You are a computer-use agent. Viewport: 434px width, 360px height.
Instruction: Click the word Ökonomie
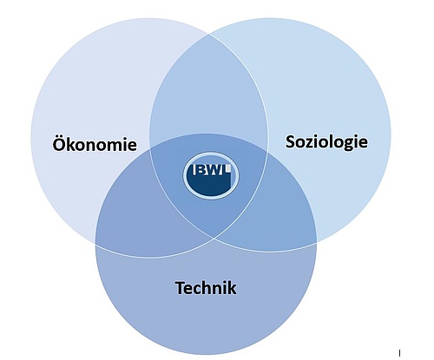click(95, 143)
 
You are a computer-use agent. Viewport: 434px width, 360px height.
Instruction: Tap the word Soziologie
click(326, 142)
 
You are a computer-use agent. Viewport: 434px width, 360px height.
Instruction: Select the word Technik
click(206, 288)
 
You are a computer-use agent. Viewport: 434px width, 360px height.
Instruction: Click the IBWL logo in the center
click(211, 176)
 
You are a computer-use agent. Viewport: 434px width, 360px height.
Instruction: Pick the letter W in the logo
click(215, 170)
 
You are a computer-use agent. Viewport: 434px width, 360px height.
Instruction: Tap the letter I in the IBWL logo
click(195, 170)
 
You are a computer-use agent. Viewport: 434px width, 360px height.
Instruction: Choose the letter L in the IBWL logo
click(227, 170)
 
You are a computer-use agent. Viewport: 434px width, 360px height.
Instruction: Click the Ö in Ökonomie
click(58, 142)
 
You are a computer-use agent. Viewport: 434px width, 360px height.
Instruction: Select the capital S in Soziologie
click(291, 141)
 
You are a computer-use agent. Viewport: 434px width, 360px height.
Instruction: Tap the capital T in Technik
click(181, 288)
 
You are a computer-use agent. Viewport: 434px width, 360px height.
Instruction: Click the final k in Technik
click(231, 288)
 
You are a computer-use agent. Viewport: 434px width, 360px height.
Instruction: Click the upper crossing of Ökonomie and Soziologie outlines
click(209, 35)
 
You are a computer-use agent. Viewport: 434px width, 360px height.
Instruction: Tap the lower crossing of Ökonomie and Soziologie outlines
click(214, 239)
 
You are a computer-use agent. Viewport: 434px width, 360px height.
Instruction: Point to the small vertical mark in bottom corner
click(400, 353)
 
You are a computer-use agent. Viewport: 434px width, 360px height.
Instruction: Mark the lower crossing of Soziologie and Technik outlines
click(317, 243)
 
